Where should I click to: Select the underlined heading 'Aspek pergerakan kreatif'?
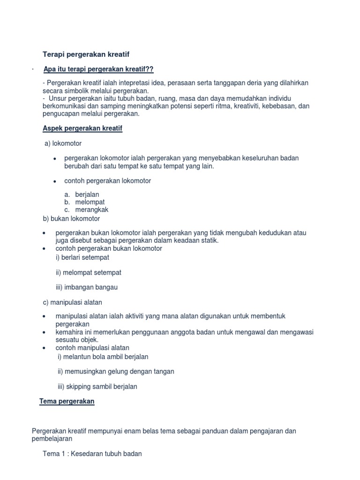(82, 128)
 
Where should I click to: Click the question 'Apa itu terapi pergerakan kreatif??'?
(98, 69)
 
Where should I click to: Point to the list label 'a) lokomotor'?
(63, 143)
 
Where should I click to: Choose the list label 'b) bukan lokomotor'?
(71, 218)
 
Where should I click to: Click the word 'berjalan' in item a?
(87, 195)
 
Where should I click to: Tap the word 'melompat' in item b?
(90, 202)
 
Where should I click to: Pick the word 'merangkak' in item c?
(92, 210)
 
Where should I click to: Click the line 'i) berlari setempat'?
(82, 257)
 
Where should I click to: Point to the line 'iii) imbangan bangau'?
(86, 287)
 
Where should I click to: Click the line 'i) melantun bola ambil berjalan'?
(103, 357)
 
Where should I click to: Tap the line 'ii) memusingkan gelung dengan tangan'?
(116, 371)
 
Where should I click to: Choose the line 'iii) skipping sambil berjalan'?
(97, 387)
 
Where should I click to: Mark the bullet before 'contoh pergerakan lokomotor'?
(55, 181)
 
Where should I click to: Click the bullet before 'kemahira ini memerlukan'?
(44, 332)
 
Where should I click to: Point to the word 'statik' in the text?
(209, 240)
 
